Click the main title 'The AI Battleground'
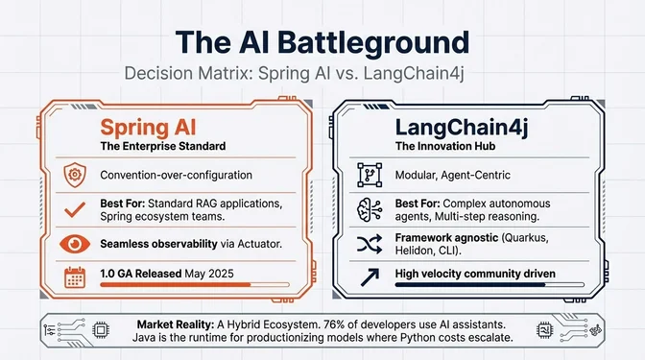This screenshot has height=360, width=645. tap(322, 43)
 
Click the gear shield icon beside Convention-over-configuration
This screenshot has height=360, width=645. tap(73, 176)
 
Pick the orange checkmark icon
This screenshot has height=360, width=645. tap(73, 210)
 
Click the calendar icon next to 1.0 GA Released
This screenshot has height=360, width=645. tap(73, 277)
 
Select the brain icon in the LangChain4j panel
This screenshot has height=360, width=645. tap(370, 211)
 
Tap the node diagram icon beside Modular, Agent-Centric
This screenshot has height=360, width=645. tap(370, 176)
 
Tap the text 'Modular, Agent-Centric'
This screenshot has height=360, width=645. tap(451, 176)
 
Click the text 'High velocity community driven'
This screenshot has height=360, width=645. tap(475, 274)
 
